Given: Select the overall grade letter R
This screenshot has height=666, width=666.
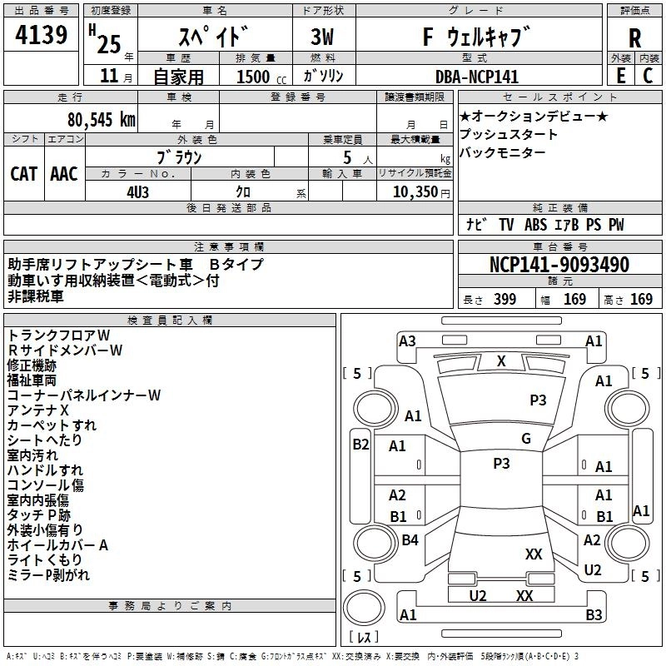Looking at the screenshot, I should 634,38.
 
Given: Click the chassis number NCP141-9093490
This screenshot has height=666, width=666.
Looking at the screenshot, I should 559,266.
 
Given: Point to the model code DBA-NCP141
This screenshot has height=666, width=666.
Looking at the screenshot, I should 477,77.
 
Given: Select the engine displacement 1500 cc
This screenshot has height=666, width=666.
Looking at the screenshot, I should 253,77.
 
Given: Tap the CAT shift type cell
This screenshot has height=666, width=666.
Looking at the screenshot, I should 24,173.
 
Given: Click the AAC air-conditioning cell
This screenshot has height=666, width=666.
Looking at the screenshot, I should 64,173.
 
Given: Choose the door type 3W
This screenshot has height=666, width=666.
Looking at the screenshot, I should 322,38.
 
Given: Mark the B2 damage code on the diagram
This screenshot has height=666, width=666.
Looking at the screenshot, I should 360,445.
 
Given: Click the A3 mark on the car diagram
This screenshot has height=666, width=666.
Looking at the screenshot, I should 407,340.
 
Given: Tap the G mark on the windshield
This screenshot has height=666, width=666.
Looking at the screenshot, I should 526,438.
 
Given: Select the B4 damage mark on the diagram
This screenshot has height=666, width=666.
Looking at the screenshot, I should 410,540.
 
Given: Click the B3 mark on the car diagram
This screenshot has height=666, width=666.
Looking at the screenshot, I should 594,615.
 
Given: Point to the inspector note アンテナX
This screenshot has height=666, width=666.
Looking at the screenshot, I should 37,410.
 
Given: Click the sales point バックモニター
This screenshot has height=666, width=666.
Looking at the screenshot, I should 503,152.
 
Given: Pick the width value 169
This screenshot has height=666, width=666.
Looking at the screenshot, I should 574,300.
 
